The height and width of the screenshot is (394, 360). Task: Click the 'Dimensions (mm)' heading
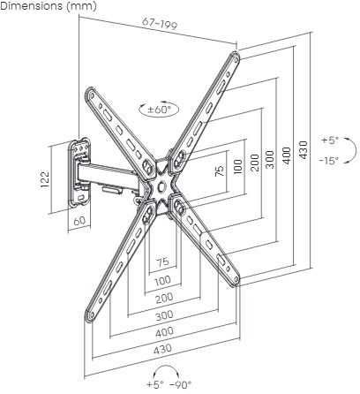tap(49, 6)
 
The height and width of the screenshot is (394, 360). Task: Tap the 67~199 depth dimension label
tap(160, 24)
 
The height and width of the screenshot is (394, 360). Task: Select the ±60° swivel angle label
tap(159, 110)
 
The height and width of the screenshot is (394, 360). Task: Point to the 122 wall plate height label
tap(45, 179)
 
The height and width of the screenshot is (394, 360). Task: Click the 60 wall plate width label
tap(79, 221)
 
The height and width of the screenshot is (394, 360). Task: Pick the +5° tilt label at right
tap(330, 140)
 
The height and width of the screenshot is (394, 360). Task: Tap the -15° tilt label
tap(329, 161)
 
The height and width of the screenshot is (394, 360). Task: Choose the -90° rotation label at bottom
tap(181, 384)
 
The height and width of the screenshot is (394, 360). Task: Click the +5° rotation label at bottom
tap(155, 384)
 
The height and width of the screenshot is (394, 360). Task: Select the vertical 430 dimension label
tap(303, 150)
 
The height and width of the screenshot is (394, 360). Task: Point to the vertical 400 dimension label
tap(287, 155)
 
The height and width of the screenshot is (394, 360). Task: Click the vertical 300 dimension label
tap(270, 160)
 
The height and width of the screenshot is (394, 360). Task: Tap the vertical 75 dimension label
tap(220, 171)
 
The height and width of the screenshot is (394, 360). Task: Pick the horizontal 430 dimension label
tap(162, 350)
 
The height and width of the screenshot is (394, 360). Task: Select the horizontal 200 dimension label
tap(164, 299)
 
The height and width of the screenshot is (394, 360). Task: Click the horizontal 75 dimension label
tap(162, 261)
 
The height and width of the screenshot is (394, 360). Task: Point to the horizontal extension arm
tap(108, 177)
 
